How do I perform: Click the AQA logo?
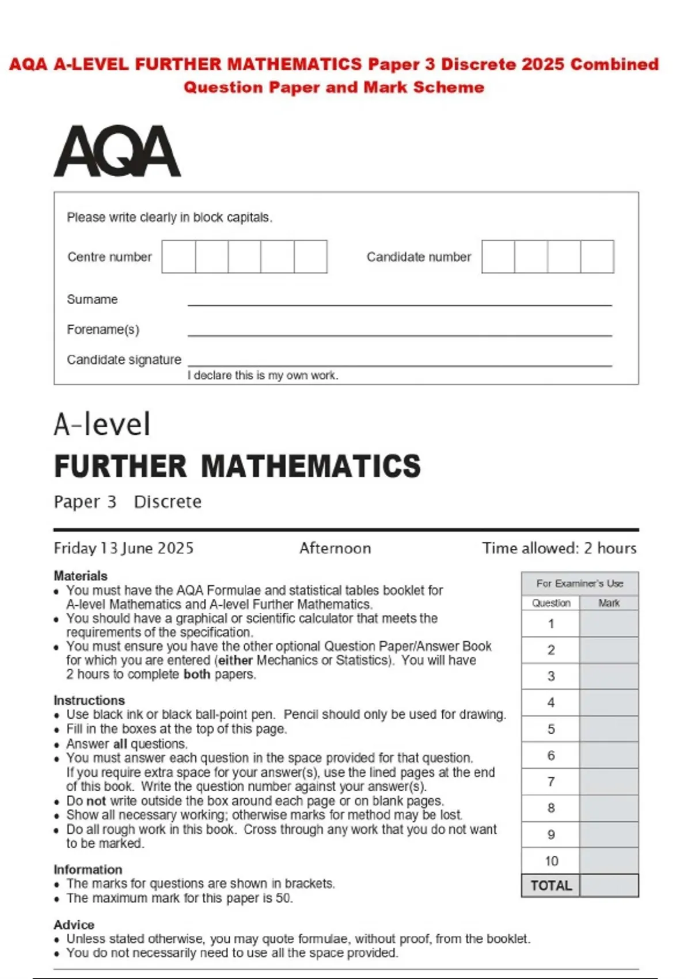pos(117,151)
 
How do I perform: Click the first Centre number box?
pos(179,257)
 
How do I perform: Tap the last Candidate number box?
pos(597,257)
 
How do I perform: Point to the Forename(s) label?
pos(103,329)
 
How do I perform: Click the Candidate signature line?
pos(399,363)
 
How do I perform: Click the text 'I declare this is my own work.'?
pos(263,375)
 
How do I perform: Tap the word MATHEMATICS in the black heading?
pos(311,466)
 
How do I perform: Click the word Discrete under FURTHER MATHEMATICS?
pos(168,502)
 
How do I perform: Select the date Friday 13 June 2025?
pos(123,548)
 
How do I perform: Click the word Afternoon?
pos(335,548)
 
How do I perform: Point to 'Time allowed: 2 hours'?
pos(559,548)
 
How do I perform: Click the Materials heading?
pos(81,576)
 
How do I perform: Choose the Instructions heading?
pos(89,700)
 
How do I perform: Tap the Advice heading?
pos(74,925)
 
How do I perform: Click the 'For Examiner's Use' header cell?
pos(580,584)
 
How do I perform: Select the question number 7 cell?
pos(551,782)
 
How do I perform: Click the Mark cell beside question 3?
pos(609,676)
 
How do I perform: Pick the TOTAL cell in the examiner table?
pos(551,886)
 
